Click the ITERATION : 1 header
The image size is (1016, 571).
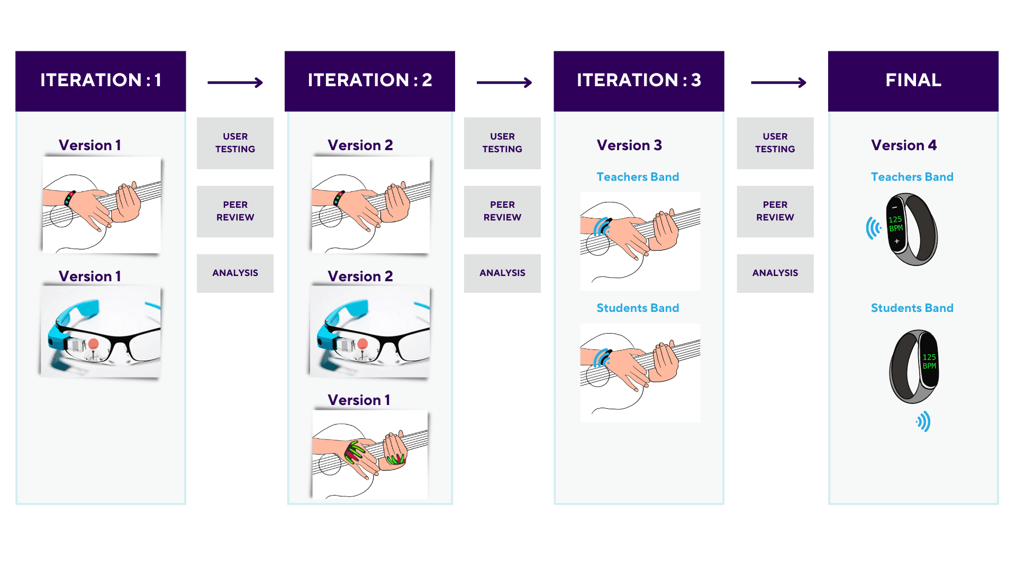101,81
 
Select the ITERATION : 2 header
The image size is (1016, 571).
370,81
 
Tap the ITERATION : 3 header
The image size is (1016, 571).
639,81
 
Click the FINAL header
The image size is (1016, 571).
913,81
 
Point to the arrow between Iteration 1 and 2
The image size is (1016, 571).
235,82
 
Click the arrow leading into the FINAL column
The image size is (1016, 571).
778,82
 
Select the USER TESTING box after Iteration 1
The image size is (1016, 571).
235,143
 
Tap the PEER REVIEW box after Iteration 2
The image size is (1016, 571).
502,211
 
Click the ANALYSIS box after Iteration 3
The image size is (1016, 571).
775,273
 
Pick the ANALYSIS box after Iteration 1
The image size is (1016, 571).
235,273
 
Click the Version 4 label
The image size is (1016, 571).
904,145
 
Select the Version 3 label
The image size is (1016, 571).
629,145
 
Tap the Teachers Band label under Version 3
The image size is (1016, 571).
638,177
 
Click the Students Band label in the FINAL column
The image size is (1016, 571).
912,308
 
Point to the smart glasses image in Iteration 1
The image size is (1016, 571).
101,331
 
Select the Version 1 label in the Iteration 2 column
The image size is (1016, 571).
359,400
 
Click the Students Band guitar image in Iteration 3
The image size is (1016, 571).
640,373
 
